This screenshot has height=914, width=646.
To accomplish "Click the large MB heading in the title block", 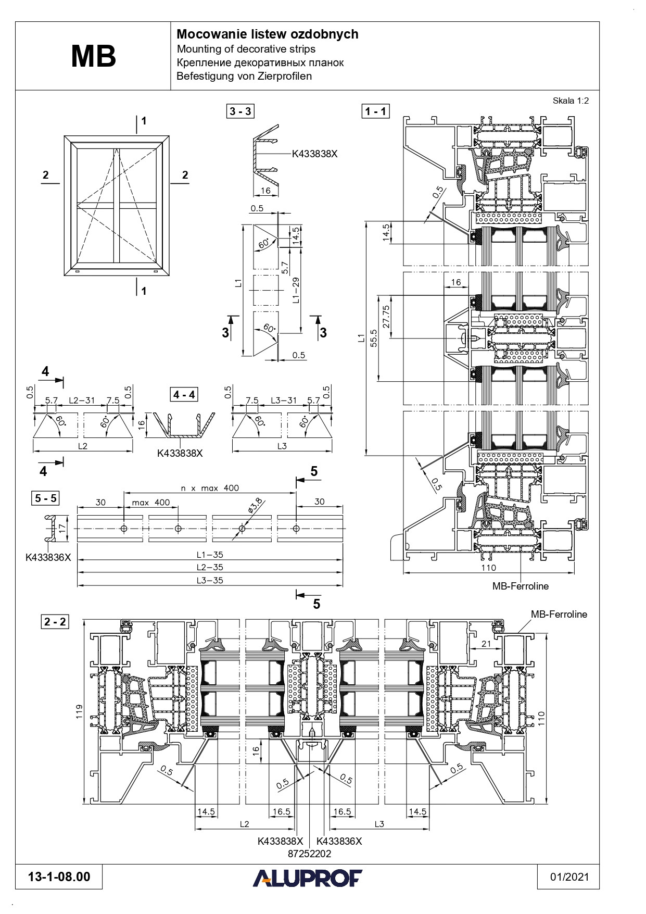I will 93,57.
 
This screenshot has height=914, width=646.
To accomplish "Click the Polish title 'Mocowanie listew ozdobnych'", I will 267,34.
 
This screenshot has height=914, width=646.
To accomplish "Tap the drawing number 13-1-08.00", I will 59,877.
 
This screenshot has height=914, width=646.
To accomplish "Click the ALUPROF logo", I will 307,878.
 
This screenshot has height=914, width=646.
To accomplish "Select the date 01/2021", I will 569,877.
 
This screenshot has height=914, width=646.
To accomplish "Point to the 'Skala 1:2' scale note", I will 571,101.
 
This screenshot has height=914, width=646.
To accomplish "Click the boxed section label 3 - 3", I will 240,111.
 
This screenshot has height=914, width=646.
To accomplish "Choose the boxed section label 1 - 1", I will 375,111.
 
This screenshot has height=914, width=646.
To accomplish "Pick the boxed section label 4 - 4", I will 184,395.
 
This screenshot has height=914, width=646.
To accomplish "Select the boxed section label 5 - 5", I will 45,498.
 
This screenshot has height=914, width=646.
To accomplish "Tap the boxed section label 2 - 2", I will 55,621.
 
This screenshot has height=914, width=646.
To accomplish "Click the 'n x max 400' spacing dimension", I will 210,488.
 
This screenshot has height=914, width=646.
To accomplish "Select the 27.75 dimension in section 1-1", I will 386,316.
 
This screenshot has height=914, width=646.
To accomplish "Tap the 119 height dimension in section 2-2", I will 79,711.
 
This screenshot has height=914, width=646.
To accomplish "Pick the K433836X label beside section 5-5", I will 48,557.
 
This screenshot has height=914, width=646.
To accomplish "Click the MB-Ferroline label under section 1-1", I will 521,586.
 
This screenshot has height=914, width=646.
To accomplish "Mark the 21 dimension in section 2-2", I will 486,644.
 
